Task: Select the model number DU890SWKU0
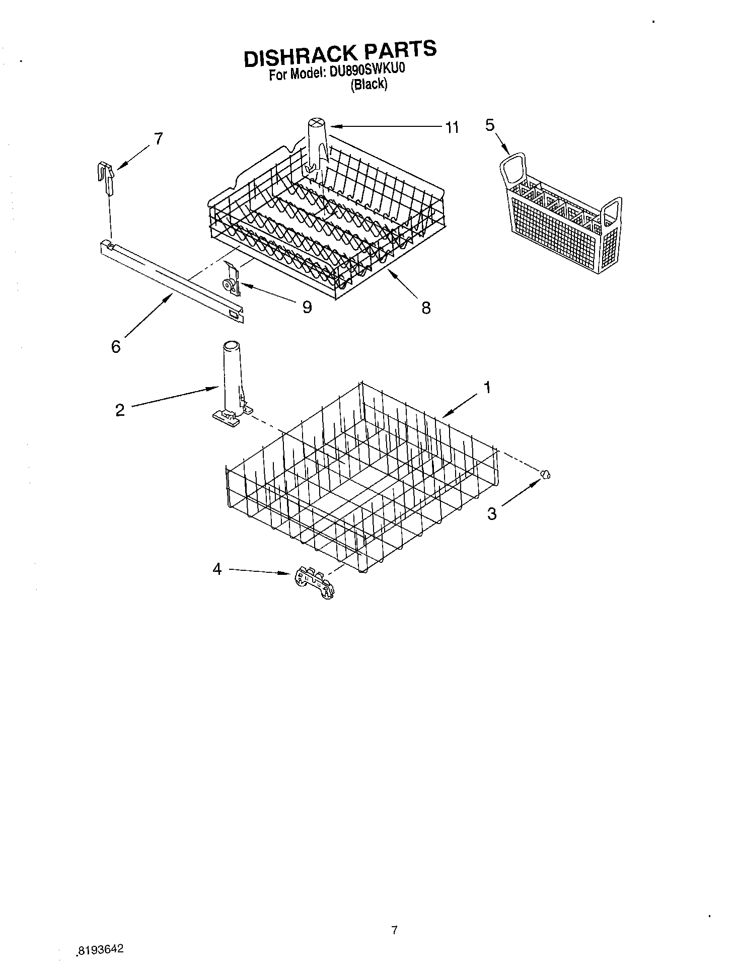[x=367, y=71]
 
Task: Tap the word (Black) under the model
[x=369, y=85]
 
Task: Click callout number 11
[x=452, y=127]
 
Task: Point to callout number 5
[x=490, y=125]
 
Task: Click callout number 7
[x=158, y=138]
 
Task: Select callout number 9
[x=307, y=307]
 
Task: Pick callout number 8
[x=426, y=308]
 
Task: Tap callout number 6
[x=116, y=346]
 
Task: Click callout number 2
[x=120, y=410]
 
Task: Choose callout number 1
[x=487, y=387]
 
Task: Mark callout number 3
[x=492, y=513]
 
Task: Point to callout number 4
[x=217, y=569]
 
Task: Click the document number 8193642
[x=101, y=949]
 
